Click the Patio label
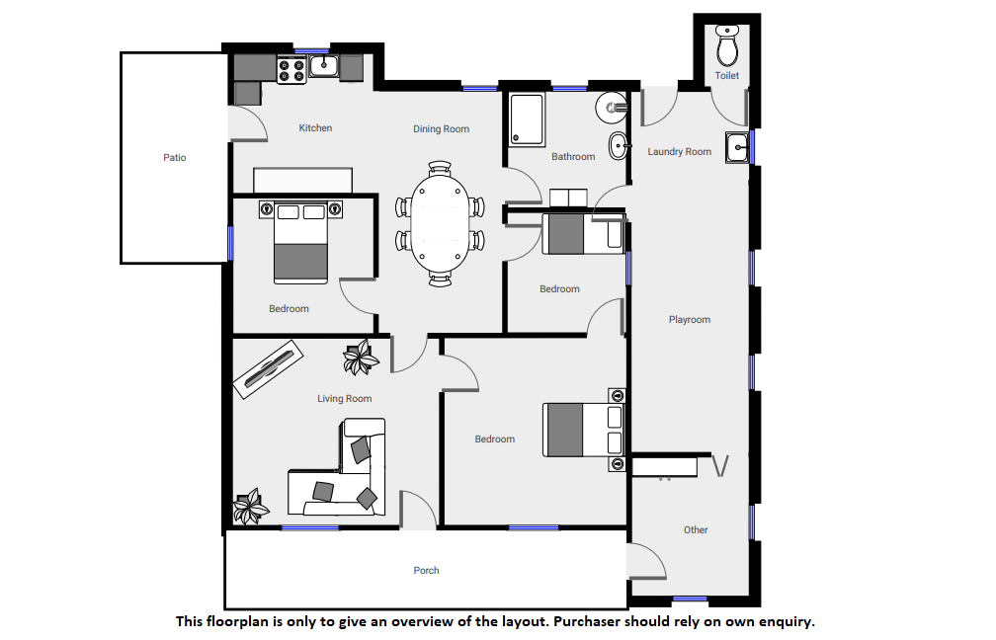175,157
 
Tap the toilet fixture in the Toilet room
727,45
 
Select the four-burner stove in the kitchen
291,70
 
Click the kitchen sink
324,65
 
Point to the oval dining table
441,223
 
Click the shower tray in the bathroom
527,120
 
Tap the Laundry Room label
679,152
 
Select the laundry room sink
737,148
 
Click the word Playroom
690,320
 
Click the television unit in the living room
268,369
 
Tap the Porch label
426,570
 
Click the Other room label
696,529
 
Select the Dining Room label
441,128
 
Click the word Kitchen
315,128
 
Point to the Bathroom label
573,156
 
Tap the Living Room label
344,399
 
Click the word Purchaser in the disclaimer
587,621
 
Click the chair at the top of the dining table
440,168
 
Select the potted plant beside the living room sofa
250,506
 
